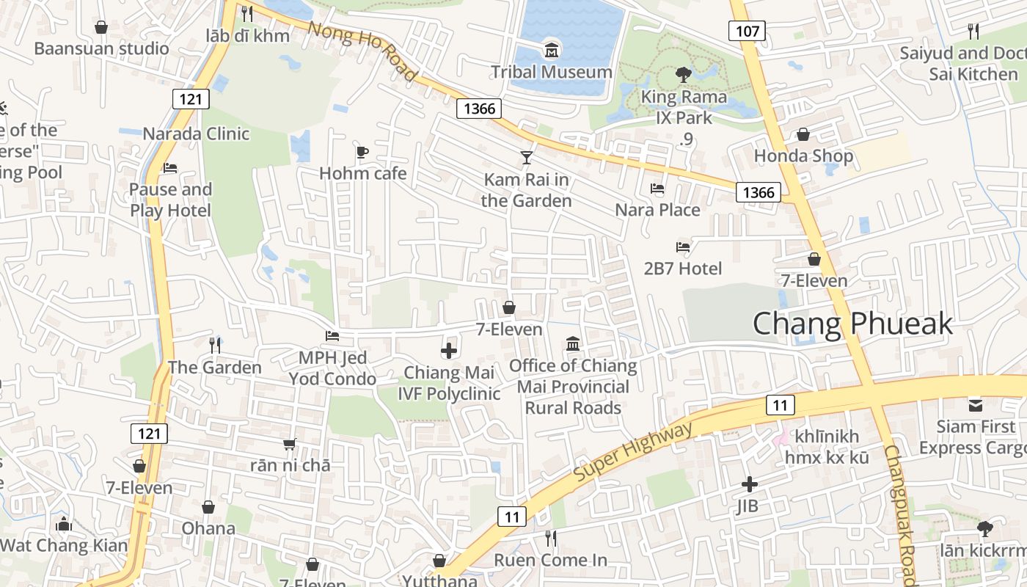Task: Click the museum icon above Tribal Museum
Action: [551, 51]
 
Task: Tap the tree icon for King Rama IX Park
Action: [683, 74]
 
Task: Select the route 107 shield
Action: [747, 30]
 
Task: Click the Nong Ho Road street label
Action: [362, 51]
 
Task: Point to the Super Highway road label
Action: [632, 452]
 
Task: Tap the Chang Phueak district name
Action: [852, 324]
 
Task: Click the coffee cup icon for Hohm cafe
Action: [362, 152]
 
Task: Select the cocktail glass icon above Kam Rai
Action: [526, 158]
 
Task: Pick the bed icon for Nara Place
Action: [657, 189]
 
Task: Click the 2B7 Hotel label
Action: [683, 269]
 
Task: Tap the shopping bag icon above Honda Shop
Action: [803, 134]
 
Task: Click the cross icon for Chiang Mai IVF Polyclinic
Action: [449, 351]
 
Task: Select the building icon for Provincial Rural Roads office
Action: [573, 343]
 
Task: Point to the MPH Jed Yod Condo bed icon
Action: [332, 336]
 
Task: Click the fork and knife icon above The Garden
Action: [215, 345]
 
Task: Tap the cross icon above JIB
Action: [749, 484]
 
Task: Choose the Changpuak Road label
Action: [901, 514]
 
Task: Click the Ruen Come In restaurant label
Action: [550, 560]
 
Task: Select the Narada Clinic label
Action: [196, 134]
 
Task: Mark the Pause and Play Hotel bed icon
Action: [170, 167]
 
